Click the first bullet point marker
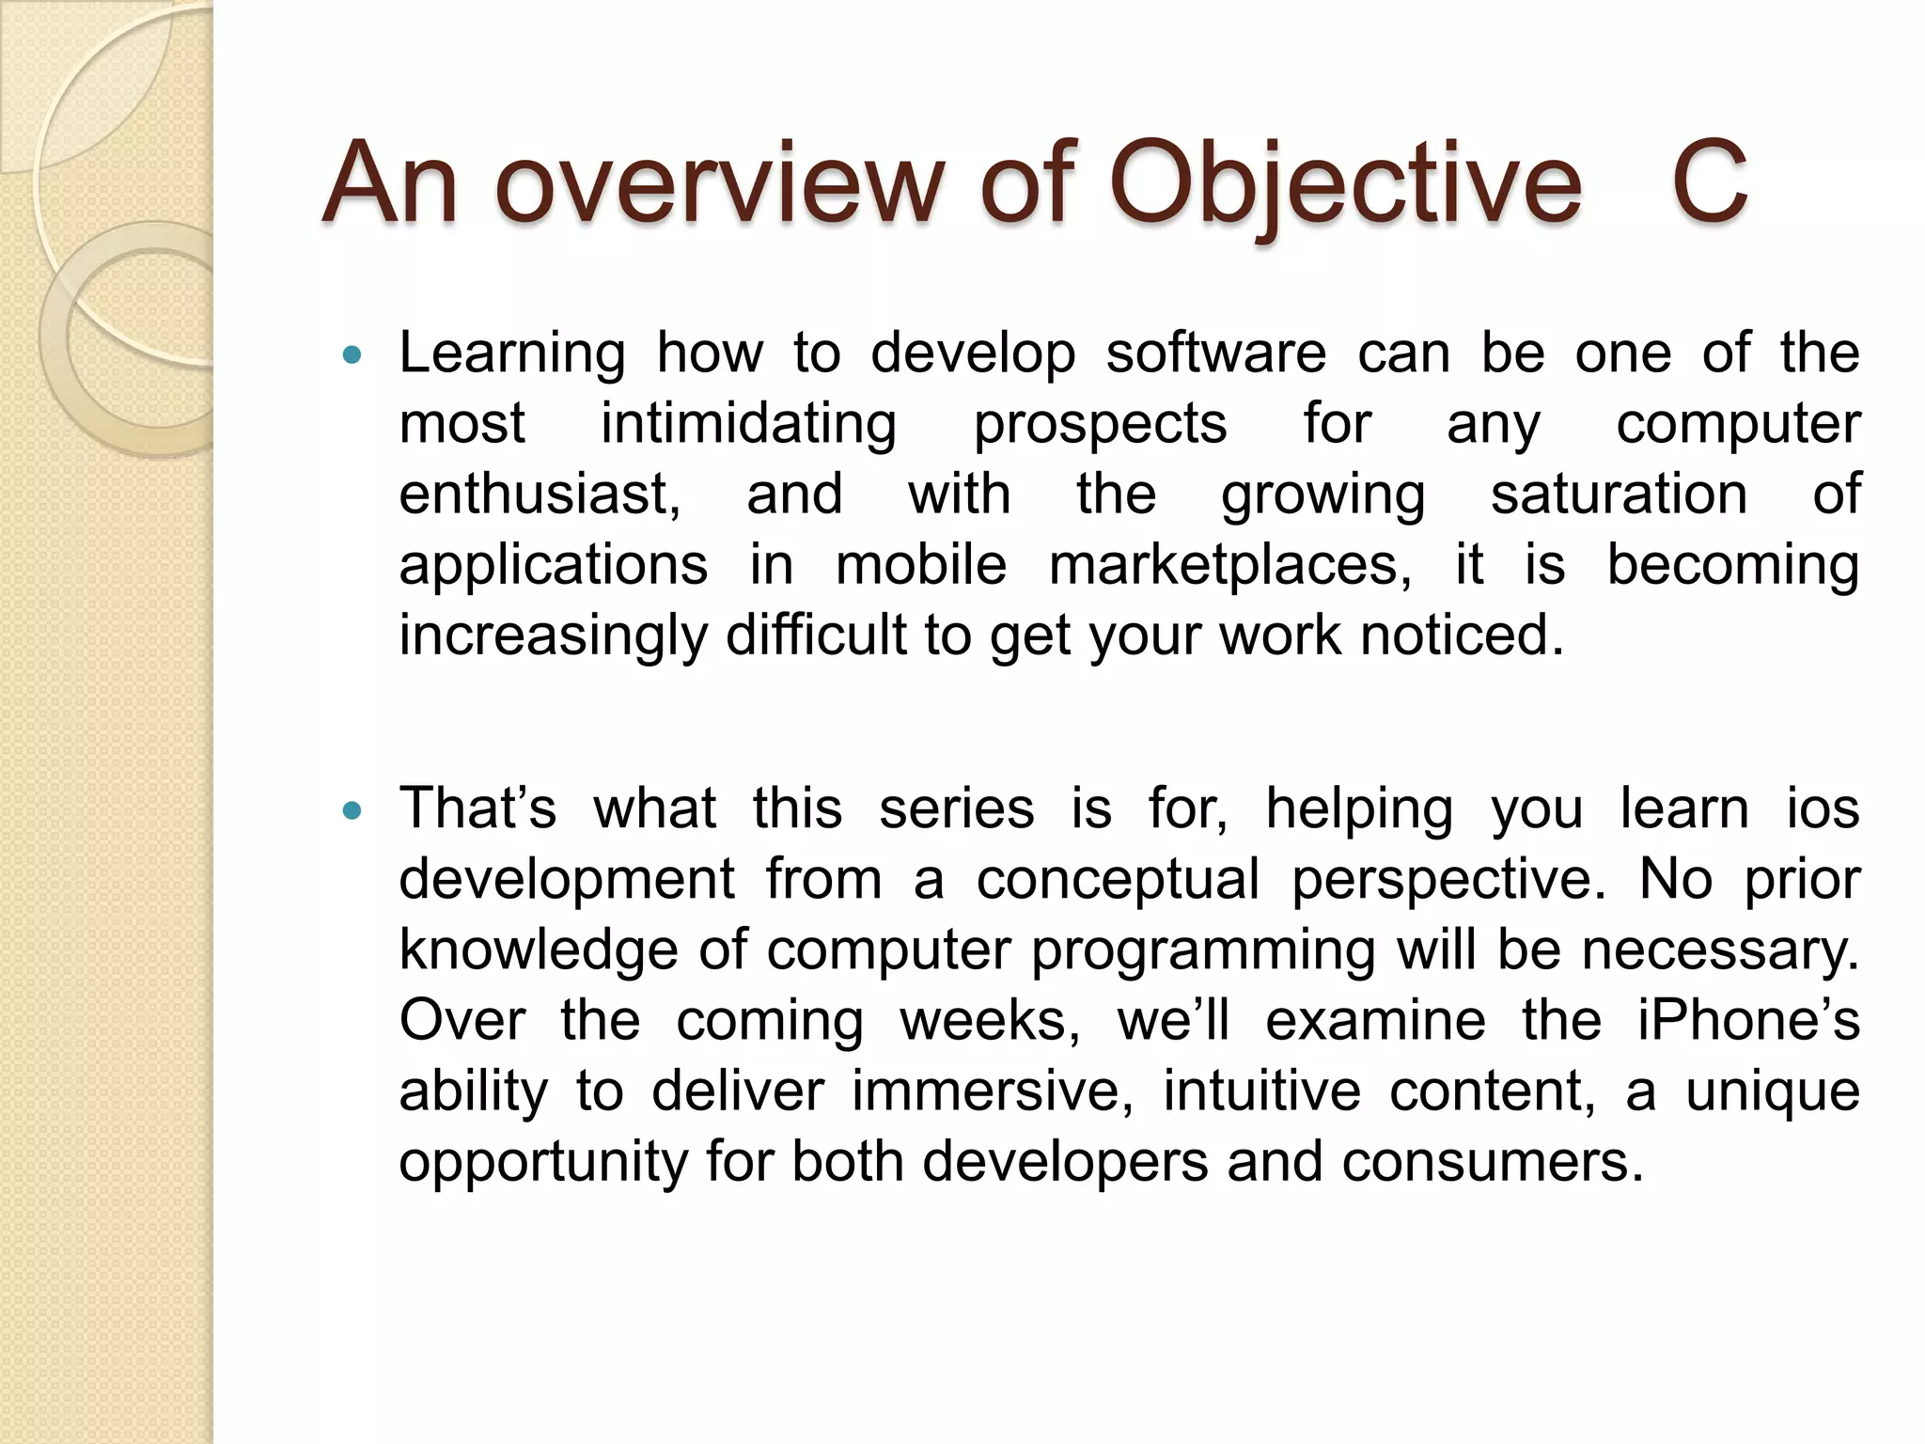click(x=352, y=355)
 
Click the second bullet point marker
click(x=352, y=810)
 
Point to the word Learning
click(x=512, y=355)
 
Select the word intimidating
click(x=748, y=425)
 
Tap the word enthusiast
click(x=540, y=494)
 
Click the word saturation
click(x=1619, y=494)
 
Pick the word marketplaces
click(x=1229, y=566)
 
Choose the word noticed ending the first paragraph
click(x=1462, y=636)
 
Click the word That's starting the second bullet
click(x=477, y=808)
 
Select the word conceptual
click(x=1117, y=880)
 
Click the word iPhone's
click(x=1747, y=1021)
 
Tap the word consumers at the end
click(x=1493, y=1162)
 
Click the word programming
click(x=1205, y=951)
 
